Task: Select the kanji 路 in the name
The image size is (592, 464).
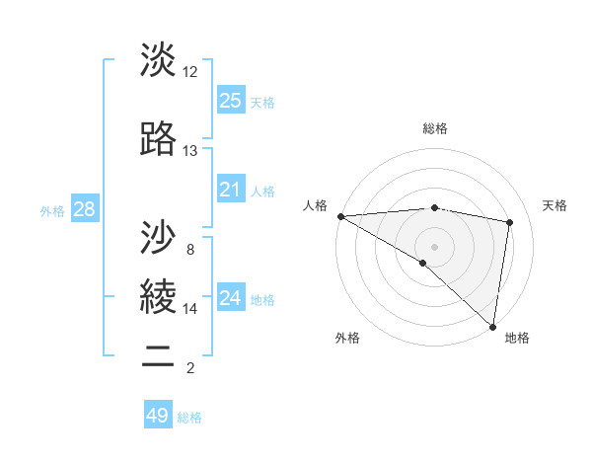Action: click(x=159, y=138)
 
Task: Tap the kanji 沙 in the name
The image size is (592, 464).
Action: click(x=159, y=237)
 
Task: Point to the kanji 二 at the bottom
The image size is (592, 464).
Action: click(x=159, y=356)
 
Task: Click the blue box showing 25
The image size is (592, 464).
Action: click(x=230, y=100)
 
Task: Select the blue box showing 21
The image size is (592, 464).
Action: click(x=230, y=190)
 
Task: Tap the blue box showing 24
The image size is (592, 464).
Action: click(x=230, y=298)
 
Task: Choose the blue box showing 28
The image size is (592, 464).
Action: click(x=84, y=208)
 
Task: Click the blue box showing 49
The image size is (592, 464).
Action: click(x=158, y=416)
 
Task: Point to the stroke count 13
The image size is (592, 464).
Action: click(x=189, y=151)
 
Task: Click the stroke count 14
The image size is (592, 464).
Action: click(x=189, y=309)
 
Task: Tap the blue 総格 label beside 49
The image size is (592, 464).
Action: click(x=189, y=418)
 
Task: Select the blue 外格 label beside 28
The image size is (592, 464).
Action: click(x=52, y=210)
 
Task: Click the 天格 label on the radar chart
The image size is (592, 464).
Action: click(x=555, y=205)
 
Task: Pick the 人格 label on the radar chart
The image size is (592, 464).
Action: click(x=315, y=205)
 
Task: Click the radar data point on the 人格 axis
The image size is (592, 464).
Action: click(x=340, y=216)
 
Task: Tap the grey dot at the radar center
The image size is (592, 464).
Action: click(x=434, y=246)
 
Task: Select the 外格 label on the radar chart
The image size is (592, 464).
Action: click(x=347, y=338)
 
